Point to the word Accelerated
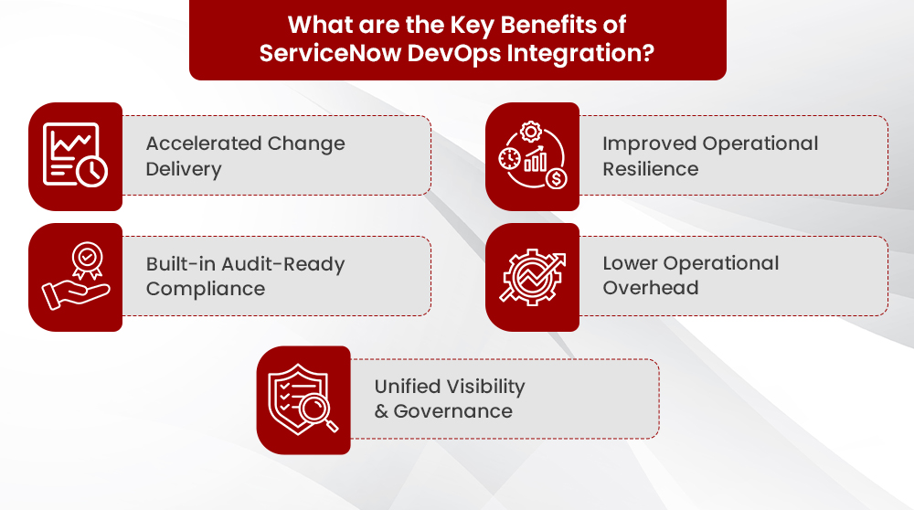[x=199, y=143]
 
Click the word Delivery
[x=184, y=169]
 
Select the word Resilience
[x=650, y=169]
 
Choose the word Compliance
[x=206, y=289]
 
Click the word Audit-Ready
[x=282, y=264]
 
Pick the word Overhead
[x=651, y=288]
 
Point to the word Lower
[x=631, y=263]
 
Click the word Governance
[x=452, y=411]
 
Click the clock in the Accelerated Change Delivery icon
[x=91, y=171]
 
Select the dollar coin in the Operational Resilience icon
[x=556, y=178]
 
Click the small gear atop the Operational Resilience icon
[x=531, y=132]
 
